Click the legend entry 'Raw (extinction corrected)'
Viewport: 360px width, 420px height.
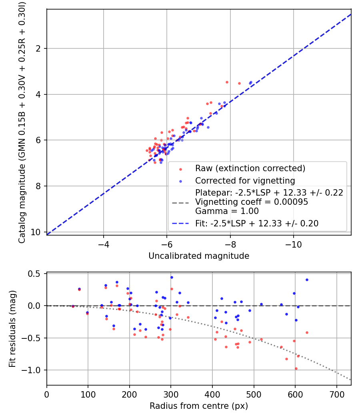point(250,168)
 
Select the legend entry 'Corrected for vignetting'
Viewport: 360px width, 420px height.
point(245,181)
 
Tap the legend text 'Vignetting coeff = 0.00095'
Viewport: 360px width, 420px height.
point(252,202)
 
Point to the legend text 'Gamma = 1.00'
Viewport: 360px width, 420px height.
point(227,211)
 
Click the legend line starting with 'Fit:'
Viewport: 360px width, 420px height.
point(257,223)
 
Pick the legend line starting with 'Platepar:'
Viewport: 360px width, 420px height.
point(269,192)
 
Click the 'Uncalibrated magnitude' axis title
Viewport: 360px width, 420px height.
point(199,256)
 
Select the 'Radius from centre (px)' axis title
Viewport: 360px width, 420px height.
point(199,406)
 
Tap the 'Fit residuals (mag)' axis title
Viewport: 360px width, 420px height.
point(12,329)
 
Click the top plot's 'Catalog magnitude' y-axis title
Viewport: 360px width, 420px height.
point(22,122)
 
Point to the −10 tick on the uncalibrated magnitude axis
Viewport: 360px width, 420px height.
point(294,244)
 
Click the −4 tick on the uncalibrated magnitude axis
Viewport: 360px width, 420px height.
point(103,244)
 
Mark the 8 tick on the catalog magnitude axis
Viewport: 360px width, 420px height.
point(38,186)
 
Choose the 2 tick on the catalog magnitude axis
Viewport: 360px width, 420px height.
point(38,48)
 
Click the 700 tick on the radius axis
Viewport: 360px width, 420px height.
point(336,394)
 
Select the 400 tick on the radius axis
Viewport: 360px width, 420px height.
point(212,394)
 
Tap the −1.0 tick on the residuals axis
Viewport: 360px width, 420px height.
point(31,370)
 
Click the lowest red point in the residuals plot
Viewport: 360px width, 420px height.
point(296,368)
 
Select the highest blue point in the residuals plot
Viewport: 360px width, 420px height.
point(172,278)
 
